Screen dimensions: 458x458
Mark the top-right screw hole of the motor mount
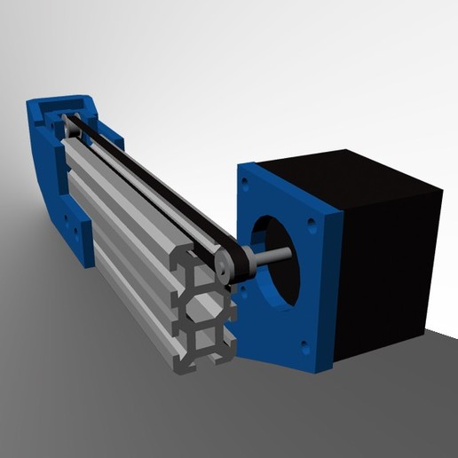tap(312, 219)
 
